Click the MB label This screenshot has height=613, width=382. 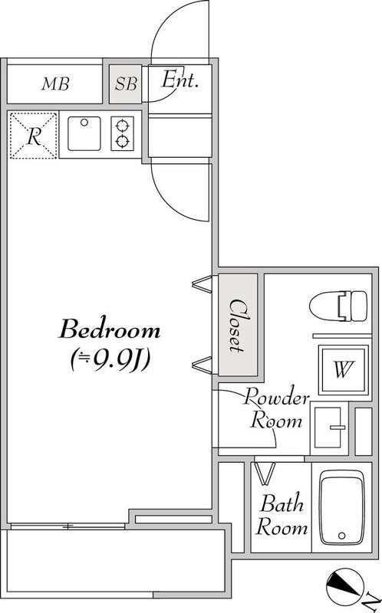coord(55,84)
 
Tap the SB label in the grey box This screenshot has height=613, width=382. coord(126,84)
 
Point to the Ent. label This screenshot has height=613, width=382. coord(180,80)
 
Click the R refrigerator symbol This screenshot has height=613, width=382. coord(33,136)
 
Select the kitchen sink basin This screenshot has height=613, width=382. coord(84,133)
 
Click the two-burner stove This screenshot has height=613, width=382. coord(122,133)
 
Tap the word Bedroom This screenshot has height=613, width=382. coord(110,329)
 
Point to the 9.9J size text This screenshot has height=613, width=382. coord(110,359)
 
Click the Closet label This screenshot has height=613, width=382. coord(237,326)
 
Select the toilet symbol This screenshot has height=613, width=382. coord(338,306)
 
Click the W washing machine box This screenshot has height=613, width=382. coord(344,370)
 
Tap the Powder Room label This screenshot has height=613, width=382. coord(276,408)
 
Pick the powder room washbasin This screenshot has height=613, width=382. coord(329,428)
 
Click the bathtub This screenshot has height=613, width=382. coord(342,507)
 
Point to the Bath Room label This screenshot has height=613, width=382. coord(282,515)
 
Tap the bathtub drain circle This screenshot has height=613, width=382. coord(342,536)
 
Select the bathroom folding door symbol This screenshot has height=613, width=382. coord(265,474)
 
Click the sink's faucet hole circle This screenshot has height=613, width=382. coord(84,123)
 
